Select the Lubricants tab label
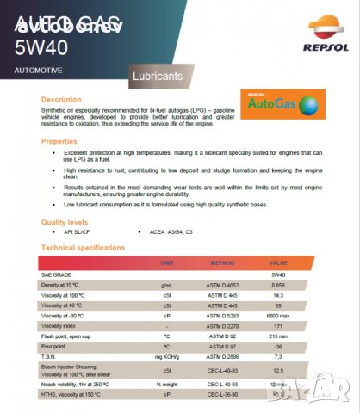pos(158,77)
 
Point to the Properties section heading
pos(59,140)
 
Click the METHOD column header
pos(222,262)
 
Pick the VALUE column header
pos(278,262)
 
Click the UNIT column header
pos(167,262)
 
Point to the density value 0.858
pos(278,284)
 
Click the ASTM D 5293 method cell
pos(222,316)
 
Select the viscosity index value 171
pos(278,326)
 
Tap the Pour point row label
pos(56,347)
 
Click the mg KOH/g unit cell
pos(167,357)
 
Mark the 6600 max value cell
pos(278,316)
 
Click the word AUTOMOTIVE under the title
pos(39,67)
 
